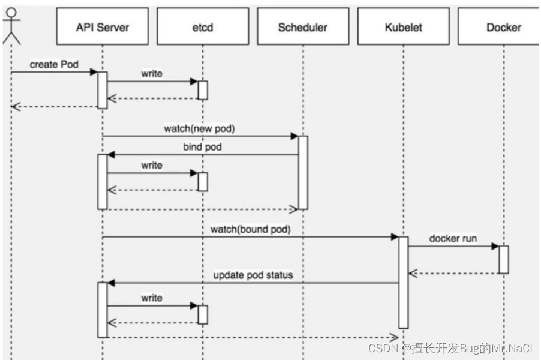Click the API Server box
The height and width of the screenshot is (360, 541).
pos(102,27)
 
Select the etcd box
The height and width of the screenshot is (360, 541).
pos(202,27)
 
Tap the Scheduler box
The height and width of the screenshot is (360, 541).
pos(302,27)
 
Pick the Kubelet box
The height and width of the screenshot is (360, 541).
pos(403,27)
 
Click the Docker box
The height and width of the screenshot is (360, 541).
pos(503,27)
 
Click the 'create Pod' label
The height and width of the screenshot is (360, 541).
pos(54,64)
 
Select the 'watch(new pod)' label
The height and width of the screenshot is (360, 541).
pos(200,129)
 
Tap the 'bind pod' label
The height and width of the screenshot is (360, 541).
pos(202,147)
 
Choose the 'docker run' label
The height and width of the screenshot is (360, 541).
pos(453,238)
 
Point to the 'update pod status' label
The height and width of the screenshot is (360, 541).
pos(253,275)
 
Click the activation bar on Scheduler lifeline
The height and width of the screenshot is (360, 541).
pos(303,172)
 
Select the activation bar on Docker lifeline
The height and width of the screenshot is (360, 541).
pos(504,259)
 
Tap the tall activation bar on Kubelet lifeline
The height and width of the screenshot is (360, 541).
pos(404,282)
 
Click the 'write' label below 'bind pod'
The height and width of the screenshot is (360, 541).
pos(151,165)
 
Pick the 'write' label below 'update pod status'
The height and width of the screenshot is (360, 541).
pos(151,298)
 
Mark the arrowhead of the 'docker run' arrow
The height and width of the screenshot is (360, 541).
pos(495,246)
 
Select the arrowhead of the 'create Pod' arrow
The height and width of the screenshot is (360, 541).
pos(94,72)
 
